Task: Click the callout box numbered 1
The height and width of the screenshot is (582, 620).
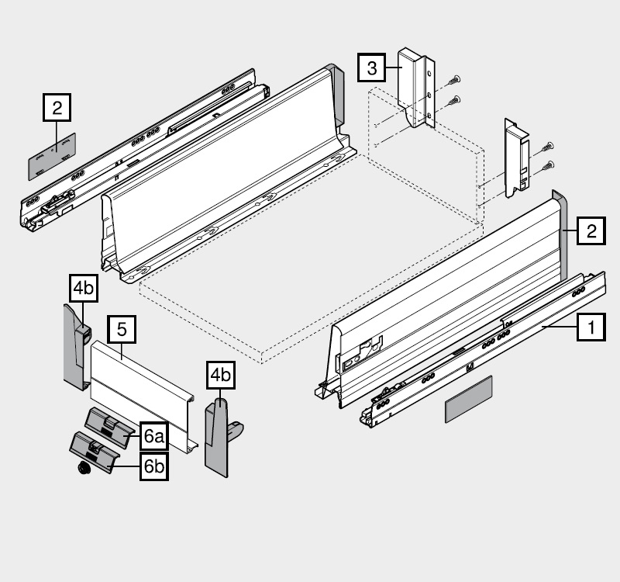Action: pos(591,328)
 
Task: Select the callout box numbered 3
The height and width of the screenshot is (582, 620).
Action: pos(372,68)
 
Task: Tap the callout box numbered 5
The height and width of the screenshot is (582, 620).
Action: pos(122,329)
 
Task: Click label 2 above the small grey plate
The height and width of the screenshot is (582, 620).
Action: pos(57,108)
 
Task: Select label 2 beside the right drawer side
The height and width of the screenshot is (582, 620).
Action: pos(591,230)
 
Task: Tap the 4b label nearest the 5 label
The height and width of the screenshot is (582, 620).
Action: pos(83,288)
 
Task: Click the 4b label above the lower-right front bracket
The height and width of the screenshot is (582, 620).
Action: pos(220,376)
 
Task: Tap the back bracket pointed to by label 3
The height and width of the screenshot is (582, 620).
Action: pos(415,85)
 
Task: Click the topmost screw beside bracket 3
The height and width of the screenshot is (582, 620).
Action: pos(454,78)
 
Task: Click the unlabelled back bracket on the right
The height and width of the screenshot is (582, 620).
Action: pos(516,159)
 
